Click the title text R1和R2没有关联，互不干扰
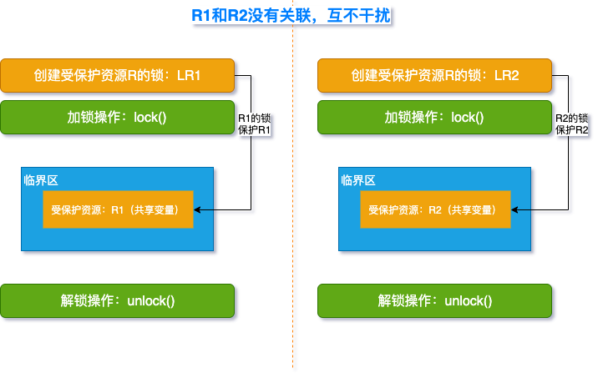pos(291,15)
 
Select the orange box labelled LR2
pos(435,76)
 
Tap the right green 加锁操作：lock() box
pos(435,118)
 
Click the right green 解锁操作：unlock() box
pos(435,300)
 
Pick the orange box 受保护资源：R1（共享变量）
pos(118,209)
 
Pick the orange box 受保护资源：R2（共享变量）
pos(435,209)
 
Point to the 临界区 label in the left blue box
pos(41,180)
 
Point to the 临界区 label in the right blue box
pos(358,180)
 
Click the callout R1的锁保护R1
pos(255,124)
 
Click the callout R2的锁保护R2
pos(572,124)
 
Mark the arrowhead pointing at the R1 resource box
pos(198,210)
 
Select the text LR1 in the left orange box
pos(189,76)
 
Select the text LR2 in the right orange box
pos(506,76)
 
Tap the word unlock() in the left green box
pos(150,300)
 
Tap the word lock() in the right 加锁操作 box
pos(468,118)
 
